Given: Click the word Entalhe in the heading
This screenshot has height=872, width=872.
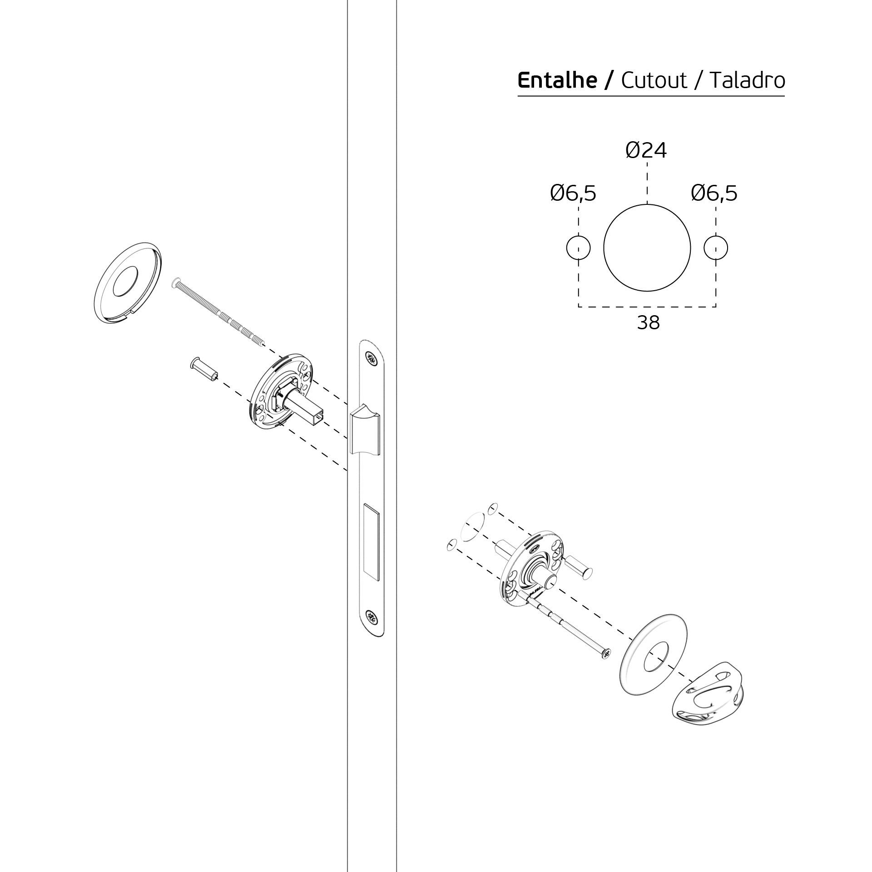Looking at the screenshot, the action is (557, 80).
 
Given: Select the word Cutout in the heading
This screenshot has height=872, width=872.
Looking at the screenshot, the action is (654, 80).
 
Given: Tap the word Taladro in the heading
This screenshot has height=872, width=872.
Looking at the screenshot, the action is (747, 80).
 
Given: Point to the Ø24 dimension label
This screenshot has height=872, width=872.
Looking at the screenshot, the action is (646, 150).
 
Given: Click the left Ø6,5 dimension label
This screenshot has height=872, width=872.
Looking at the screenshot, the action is (573, 193).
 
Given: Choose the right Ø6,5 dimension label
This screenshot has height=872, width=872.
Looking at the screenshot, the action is (714, 193).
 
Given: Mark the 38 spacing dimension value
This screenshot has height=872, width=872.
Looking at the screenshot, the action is (648, 323).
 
